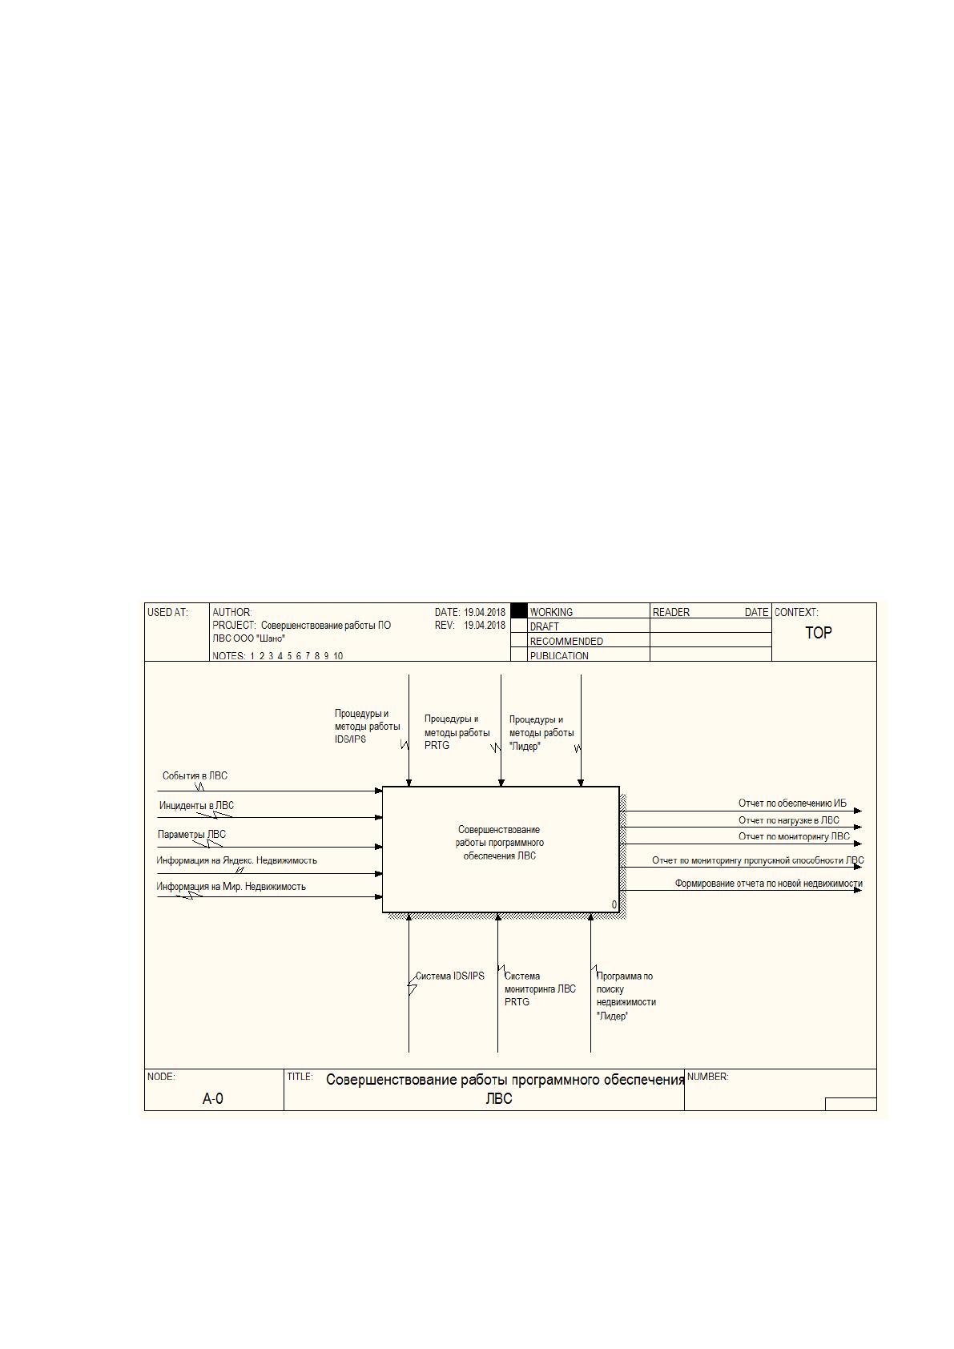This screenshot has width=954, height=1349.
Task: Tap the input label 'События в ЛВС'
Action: (x=195, y=775)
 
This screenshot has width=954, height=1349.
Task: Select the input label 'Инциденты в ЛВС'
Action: (x=196, y=805)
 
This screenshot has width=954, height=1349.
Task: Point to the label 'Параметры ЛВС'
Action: (x=191, y=834)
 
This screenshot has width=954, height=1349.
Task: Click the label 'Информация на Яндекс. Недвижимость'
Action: (x=236, y=860)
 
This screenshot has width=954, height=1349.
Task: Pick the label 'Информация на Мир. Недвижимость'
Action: (x=231, y=886)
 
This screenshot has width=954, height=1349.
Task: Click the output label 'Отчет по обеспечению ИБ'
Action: (x=792, y=803)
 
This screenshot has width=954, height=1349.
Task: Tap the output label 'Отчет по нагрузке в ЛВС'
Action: (x=789, y=819)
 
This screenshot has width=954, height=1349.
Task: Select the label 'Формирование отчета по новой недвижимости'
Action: (x=768, y=884)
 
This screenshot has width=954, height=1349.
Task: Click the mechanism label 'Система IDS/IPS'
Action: (x=450, y=976)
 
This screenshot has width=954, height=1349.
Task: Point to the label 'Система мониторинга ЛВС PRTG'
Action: (x=540, y=989)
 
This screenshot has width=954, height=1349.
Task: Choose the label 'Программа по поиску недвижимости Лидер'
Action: (x=626, y=996)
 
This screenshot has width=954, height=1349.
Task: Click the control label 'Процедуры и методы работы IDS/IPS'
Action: (x=368, y=727)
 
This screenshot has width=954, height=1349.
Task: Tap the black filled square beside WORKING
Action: (x=519, y=610)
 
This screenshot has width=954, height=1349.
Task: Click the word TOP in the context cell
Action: (x=819, y=632)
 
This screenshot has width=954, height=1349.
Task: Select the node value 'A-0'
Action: (x=212, y=1098)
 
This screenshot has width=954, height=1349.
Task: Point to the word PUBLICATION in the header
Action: (x=560, y=655)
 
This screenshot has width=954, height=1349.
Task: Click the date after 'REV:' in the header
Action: (x=485, y=625)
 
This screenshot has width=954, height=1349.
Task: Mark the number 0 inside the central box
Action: (x=614, y=904)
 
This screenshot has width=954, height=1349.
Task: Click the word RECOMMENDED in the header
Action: (x=566, y=641)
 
